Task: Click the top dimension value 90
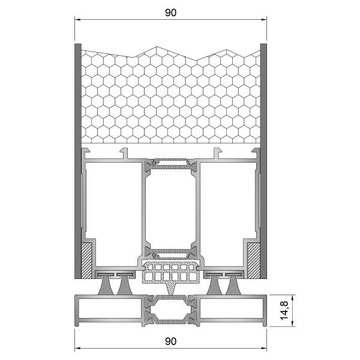tap(170, 13)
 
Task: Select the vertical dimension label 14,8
tap(285, 311)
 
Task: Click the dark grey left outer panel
tap(77, 162)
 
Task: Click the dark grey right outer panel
tap(263, 162)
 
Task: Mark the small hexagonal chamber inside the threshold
tap(170, 312)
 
